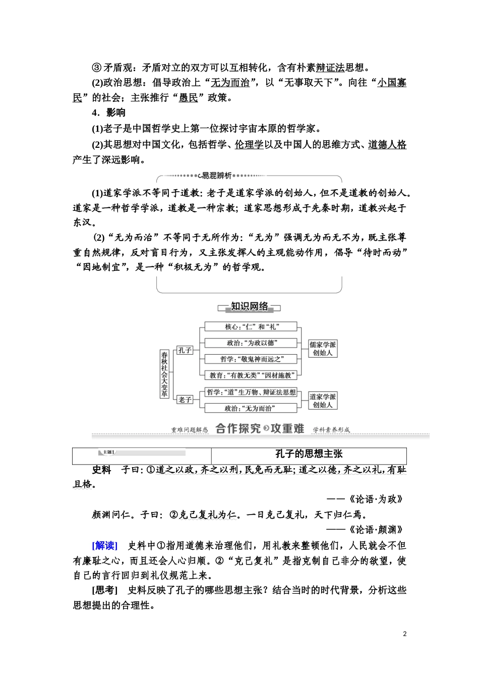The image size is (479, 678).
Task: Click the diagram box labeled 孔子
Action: tap(185, 350)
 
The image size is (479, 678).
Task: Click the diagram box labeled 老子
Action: tap(185, 400)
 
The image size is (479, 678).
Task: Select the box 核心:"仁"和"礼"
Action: tap(251, 327)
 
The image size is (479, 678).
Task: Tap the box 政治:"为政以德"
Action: tap(251, 343)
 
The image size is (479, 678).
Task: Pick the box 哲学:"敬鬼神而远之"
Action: tap(251, 359)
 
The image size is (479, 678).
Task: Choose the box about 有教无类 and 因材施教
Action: tap(251, 375)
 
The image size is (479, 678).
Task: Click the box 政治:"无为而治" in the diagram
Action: tap(251, 408)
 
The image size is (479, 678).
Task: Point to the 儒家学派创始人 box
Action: tap(323, 349)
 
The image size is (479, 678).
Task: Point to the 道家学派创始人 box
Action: tap(323, 401)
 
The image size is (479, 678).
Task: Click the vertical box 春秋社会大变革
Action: tap(164, 374)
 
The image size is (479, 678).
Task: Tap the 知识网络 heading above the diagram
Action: tap(250, 307)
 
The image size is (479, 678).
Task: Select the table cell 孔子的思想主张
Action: tap(309, 454)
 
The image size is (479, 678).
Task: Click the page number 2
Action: tap(405, 634)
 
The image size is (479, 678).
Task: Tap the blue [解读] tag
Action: tap(105, 545)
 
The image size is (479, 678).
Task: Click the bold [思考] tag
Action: tap(105, 590)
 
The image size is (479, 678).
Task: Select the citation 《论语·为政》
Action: tap(376, 499)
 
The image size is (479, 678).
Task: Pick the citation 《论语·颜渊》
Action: tap(376, 530)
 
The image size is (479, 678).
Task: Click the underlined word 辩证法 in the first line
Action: tap(330, 68)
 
